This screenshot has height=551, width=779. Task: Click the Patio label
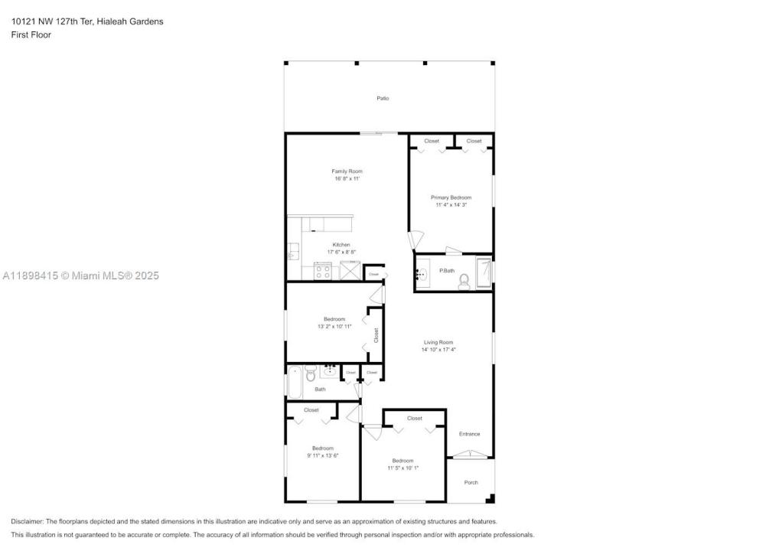(x=383, y=99)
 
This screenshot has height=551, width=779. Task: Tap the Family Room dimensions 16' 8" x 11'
(x=347, y=178)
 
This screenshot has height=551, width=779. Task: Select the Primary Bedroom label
(x=451, y=197)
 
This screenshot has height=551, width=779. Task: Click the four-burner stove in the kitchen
(x=322, y=271)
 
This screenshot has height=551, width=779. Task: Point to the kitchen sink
(x=292, y=252)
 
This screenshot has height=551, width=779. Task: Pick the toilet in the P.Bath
(x=464, y=282)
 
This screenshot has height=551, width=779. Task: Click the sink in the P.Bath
(x=422, y=272)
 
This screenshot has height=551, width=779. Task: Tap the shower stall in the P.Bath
(x=484, y=272)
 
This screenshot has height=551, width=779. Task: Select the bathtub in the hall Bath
(x=295, y=382)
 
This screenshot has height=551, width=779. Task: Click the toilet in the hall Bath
(x=311, y=374)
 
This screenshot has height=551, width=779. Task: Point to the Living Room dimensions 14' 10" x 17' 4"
(x=438, y=350)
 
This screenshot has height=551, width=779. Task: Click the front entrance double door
(x=470, y=454)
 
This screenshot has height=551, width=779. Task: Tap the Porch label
(x=471, y=482)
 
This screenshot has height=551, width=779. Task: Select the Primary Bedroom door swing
(x=416, y=240)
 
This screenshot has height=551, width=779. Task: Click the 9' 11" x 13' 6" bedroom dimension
(x=323, y=455)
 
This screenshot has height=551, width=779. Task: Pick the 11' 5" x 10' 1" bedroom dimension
(x=403, y=468)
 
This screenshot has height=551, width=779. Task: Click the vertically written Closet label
(x=376, y=335)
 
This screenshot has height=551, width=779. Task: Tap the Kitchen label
(x=341, y=244)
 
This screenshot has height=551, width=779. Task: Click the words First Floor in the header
(x=31, y=34)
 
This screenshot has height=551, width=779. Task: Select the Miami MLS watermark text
(x=80, y=275)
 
